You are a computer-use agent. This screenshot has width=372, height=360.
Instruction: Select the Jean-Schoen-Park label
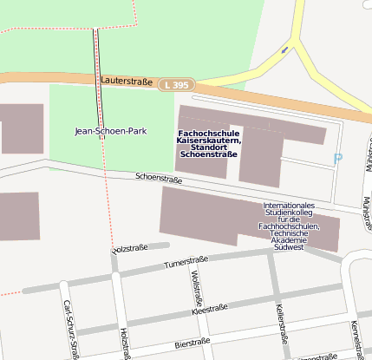pyautogui.click(x=111, y=131)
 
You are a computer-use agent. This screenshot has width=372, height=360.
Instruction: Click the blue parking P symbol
pyautogui.click(x=338, y=159)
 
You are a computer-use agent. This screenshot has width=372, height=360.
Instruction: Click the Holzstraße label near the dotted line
pyautogui.click(x=129, y=248)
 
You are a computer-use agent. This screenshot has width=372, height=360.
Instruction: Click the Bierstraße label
pyautogui.click(x=192, y=342)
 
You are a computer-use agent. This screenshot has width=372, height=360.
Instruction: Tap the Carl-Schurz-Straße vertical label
pyautogui.click(x=73, y=331)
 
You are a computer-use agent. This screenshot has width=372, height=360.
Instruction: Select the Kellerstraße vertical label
pyautogui.click(x=279, y=324)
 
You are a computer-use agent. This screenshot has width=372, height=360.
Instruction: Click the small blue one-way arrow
pyautogui.click(x=285, y=50)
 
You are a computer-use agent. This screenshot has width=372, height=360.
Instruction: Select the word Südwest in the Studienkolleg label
pyautogui.click(x=287, y=247)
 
